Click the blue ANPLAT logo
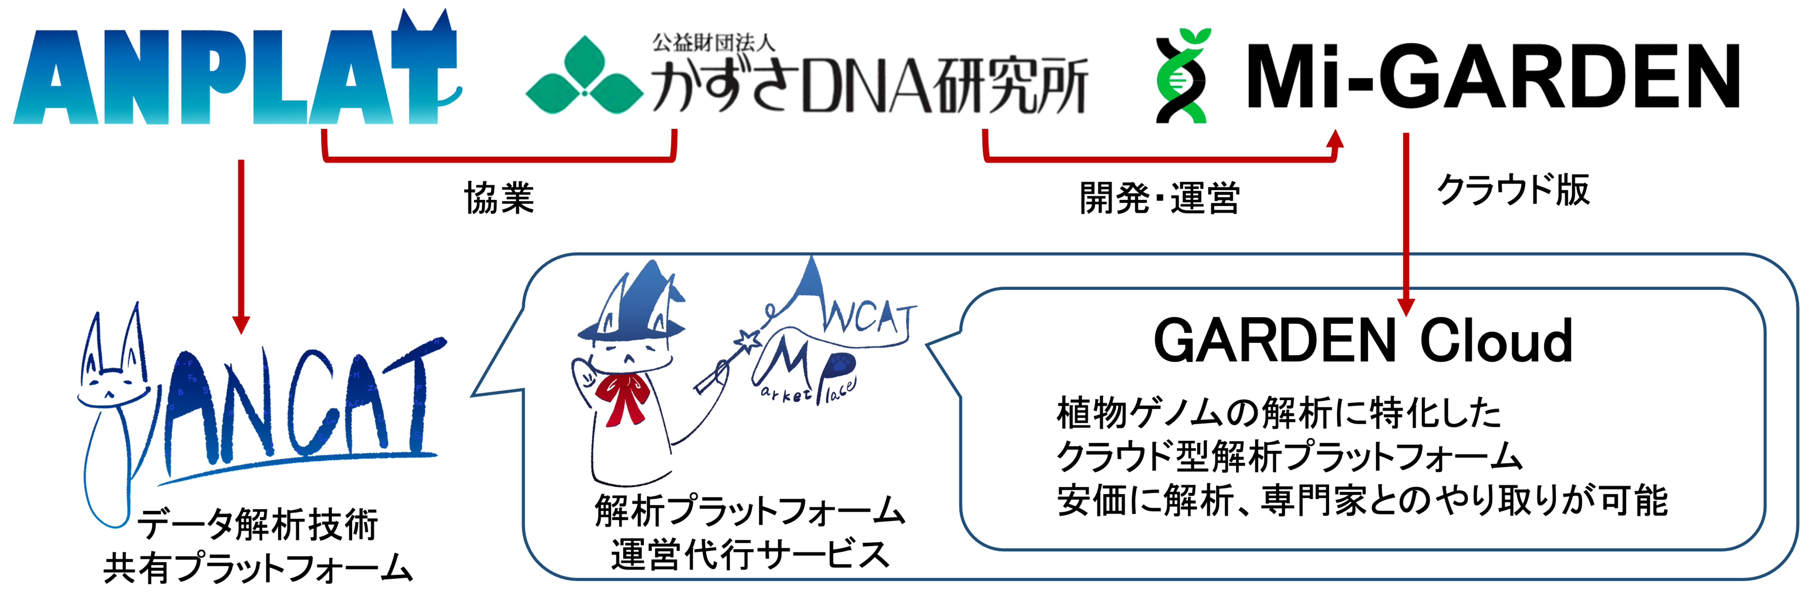pyautogui.click(x=234, y=77)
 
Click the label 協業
pyautogui.click(x=499, y=198)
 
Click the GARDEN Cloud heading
pyautogui.click(x=1362, y=341)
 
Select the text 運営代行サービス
pyautogui.click(x=750, y=555)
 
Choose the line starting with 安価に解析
pyautogui.click(x=1362, y=501)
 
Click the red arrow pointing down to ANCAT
pyautogui.click(x=241, y=245)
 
